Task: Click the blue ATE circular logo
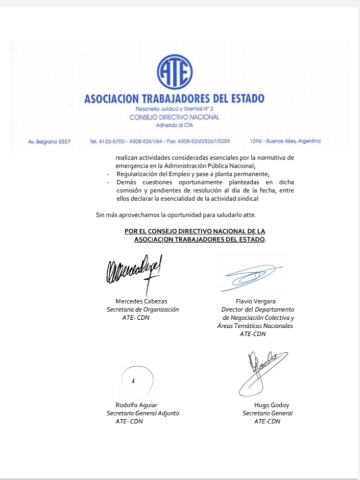point(175,71)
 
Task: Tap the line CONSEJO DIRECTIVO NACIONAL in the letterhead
point(175,117)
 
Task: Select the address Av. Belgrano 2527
point(49,141)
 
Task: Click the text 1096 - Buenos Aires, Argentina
point(285,141)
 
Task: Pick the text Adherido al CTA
point(175,125)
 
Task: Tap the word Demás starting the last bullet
point(125,182)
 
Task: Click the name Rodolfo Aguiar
point(133,405)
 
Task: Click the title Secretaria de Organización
point(142,309)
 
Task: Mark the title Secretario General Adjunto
point(142,413)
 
